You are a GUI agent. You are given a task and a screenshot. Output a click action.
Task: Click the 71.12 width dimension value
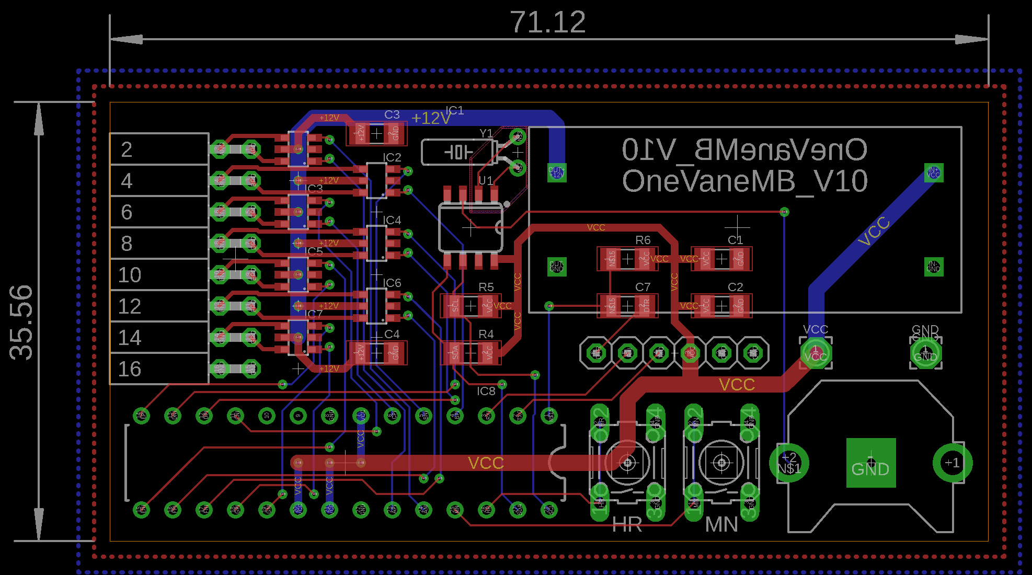547,22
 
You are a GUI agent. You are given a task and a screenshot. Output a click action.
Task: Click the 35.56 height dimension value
22,322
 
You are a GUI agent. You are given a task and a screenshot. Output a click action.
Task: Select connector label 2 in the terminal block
127,149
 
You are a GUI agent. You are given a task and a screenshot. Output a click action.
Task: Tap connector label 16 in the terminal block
129,369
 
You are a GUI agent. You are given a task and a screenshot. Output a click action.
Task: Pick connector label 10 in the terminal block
129,275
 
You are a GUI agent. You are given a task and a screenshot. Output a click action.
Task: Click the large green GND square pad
870,463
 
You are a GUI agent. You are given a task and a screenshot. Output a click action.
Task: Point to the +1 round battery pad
952,463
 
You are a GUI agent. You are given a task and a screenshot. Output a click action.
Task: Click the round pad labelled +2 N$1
789,463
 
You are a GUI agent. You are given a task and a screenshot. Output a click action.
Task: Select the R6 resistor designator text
643,240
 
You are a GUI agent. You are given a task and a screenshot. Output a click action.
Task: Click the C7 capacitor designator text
643,287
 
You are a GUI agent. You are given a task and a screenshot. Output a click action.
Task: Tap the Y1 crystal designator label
486,133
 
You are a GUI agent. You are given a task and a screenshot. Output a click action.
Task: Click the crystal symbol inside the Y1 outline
458,152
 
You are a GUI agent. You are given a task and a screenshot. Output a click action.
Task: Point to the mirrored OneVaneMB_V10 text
744,150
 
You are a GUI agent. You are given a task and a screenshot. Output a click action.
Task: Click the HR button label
627,525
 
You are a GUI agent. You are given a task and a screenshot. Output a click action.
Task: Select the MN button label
721,525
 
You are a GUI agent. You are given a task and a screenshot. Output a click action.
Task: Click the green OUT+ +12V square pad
556,172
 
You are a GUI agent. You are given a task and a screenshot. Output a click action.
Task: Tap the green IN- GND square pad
933,267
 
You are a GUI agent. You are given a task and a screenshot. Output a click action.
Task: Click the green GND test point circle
925,352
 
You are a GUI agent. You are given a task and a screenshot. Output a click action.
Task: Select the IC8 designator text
486,391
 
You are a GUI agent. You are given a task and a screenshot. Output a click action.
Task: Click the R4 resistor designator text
486,334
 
